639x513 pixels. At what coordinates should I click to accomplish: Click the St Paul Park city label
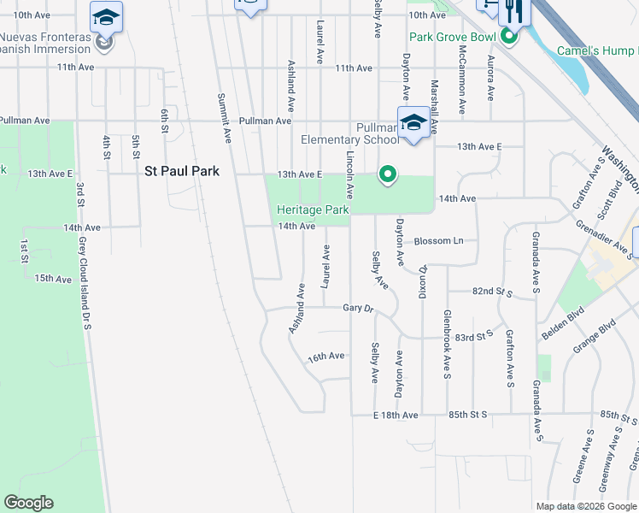click(x=181, y=171)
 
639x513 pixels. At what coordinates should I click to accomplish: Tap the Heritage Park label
click(x=313, y=209)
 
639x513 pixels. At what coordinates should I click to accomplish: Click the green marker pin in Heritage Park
click(x=387, y=175)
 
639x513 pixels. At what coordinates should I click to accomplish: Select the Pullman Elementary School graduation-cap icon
click(x=413, y=122)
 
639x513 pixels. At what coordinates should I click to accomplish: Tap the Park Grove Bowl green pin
click(x=510, y=37)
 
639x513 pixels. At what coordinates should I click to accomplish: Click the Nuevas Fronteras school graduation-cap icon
click(x=107, y=16)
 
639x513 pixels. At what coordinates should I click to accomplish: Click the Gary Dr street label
click(x=359, y=308)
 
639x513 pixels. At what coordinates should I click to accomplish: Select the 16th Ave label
click(x=326, y=356)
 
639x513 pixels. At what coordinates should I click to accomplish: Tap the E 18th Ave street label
click(x=396, y=415)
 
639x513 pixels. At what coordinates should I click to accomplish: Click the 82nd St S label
click(x=492, y=292)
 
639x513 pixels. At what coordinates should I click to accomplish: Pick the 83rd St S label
click(x=475, y=335)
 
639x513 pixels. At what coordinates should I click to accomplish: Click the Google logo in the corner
click(x=28, y=503)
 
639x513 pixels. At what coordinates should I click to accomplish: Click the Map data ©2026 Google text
click(x=586, y=506)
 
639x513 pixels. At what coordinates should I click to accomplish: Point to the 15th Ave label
click(x=53, y=279)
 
